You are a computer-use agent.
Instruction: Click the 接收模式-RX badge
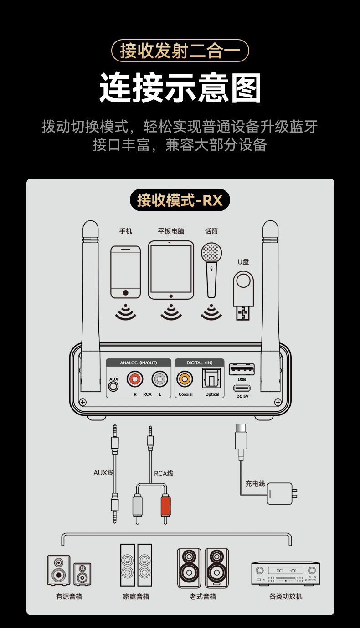point(180,200)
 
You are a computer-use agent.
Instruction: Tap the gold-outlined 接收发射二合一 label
point(180,51)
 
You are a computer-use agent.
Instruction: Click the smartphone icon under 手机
point(125,272)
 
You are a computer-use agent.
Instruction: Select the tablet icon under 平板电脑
point(171,270)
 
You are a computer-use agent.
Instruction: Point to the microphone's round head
point(211,252)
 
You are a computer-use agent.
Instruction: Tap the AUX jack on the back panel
point(113,386)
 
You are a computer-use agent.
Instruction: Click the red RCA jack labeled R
point(135,378)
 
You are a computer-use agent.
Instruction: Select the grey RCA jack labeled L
point(160,378)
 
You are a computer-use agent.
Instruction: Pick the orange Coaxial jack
point(185,378)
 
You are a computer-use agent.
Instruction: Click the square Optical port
point(211,378)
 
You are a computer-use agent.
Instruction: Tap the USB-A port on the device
point(242,369)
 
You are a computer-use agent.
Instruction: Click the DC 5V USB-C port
point(242,388)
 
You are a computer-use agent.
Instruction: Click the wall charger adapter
point(279,493)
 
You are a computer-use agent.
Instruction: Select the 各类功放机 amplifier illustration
point(286,572)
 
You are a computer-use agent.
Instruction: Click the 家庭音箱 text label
point(136,597)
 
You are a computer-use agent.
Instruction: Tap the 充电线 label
point(255,484)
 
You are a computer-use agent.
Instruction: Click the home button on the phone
point(125,293)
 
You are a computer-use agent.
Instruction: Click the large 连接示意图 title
point(180,88)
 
